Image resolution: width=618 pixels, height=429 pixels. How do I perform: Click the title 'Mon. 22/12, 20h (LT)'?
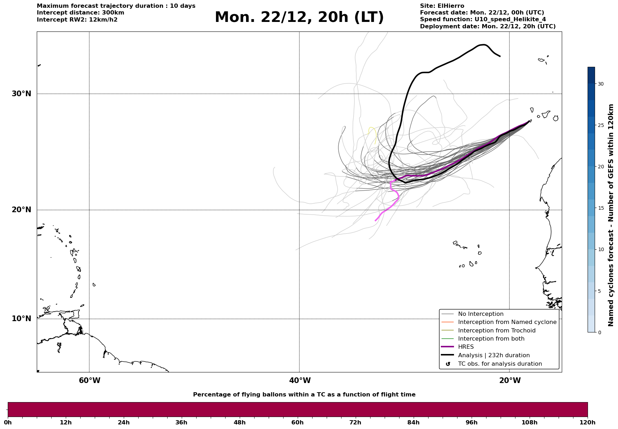299,17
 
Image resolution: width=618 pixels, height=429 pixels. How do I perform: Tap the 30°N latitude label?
21,94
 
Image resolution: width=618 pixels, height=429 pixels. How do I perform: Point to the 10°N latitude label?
21,319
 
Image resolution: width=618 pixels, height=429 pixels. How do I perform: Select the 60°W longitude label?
89,381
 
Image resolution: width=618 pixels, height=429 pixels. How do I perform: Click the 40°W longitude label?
300,381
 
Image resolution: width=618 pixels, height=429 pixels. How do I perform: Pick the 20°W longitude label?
510,381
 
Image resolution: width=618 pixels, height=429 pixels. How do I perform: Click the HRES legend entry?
466,347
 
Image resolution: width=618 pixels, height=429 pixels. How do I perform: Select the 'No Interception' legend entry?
480,314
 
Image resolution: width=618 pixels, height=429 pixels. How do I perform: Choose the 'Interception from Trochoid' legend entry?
496,331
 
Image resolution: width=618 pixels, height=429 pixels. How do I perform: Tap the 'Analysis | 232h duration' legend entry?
494,355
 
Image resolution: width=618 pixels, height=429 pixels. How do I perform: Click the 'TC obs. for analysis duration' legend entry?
500,364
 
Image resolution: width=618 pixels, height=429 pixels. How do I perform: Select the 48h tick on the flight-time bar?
239,422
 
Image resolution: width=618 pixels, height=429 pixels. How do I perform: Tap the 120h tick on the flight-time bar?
588,422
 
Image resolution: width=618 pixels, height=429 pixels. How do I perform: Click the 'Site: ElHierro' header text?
442,6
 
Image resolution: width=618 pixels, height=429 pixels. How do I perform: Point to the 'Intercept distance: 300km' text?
80,13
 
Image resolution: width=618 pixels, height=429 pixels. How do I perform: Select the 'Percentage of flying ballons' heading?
304,395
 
